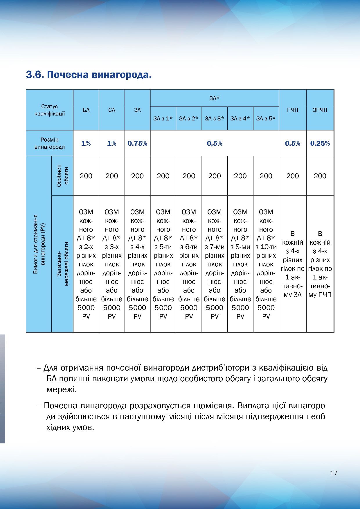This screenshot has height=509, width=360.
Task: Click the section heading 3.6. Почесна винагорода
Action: coord(89,75)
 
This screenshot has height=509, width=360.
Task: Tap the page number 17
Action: coord(333,473)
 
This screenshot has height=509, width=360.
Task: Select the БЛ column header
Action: coord(86,110)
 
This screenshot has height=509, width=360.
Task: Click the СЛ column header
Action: coord(112,110)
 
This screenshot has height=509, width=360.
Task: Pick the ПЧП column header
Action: coord(292,110)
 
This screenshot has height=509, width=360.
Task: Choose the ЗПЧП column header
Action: coord(320,110)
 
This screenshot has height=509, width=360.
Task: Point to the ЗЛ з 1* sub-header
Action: coord(163,118)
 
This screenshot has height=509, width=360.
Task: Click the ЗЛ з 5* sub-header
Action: coord(266,118)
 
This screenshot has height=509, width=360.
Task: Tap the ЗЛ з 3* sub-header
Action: coord(215,118)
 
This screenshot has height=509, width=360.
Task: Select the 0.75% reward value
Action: coord(137,143)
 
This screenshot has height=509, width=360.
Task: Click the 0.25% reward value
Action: coord(320,143)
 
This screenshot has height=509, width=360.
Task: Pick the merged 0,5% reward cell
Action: coord(215,143)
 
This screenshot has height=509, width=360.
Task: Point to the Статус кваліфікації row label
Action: coord(49,110)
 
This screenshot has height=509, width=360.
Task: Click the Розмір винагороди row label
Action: coord(49,143)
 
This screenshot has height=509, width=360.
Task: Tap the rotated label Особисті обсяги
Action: coord(62,176)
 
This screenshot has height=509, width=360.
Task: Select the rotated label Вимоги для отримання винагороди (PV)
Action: coord(39,244)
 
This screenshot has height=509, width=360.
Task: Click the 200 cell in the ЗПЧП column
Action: coord(320,176)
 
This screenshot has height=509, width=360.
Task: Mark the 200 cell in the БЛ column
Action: coord(86,176)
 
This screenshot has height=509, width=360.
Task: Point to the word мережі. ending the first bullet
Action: coord(62,389)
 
